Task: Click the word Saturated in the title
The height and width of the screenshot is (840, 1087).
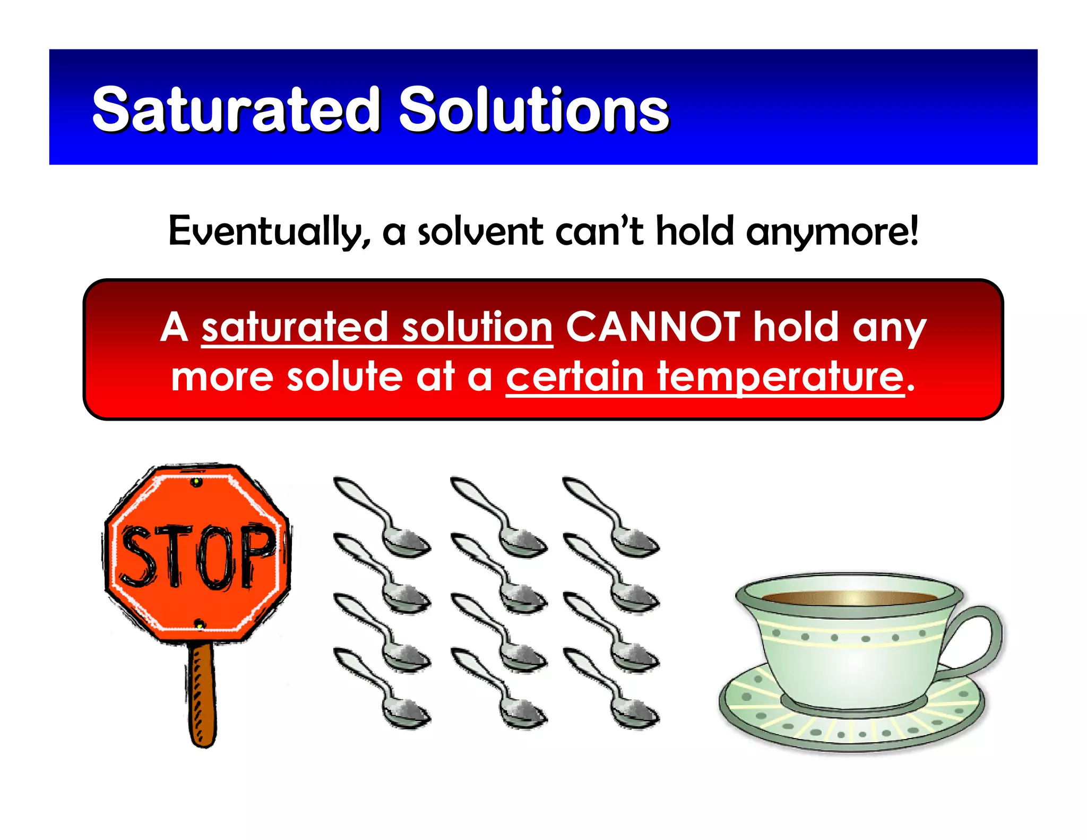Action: click(x=236, y=110)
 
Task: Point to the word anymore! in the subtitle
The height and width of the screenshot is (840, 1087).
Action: click(x=832, y=232)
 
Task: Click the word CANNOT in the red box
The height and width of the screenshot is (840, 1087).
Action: click(x=653, y=327)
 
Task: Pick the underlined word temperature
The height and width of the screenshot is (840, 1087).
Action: click(x=780, y=377)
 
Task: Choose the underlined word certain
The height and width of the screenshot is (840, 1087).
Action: click(x=575, y=377)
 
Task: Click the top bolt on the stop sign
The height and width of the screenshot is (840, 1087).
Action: click(x=196, y=482)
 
